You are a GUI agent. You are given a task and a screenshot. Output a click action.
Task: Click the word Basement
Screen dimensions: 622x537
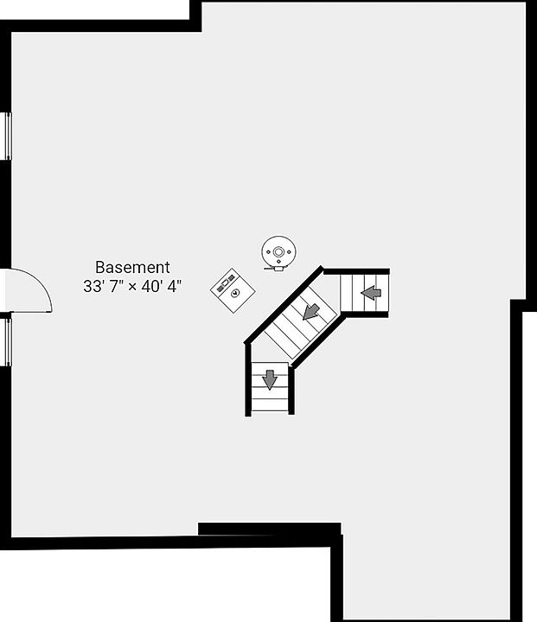pyautogui.click(x=132, y=268)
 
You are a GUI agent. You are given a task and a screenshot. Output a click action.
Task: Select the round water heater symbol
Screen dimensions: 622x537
pyautogui.click(x=278, y=252)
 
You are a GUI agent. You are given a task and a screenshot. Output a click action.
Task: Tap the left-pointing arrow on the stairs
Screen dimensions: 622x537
pyautogui.click(x=371, y=294)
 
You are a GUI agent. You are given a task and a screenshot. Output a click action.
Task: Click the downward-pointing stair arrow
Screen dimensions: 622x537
pyautogui.click(x=270, y=379)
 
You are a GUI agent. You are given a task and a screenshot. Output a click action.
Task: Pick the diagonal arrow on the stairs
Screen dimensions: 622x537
pyautogui.click(x=310, y=309)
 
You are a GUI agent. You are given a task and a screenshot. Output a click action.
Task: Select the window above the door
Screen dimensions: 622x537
pyautogui.click(x=7, y=136)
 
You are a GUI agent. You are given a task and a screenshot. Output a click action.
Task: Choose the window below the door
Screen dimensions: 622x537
pyautogui.click(x=7, y=340)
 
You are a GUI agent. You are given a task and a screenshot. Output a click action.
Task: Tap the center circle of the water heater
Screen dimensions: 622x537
pyautogui.click(x=278, y=252)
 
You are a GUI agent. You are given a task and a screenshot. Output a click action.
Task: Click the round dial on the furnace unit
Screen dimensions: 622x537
pyautogui.click(x=234, y=292)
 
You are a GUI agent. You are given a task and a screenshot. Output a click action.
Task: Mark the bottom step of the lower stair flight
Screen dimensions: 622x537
pyautogui.click(x=270, y=404)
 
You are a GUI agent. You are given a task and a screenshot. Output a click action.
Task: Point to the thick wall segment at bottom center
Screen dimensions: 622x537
pyautogui.click(x=269, y=529)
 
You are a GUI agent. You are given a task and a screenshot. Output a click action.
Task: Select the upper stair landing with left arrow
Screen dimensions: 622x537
pyautogui.click(x=364, y=294)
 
